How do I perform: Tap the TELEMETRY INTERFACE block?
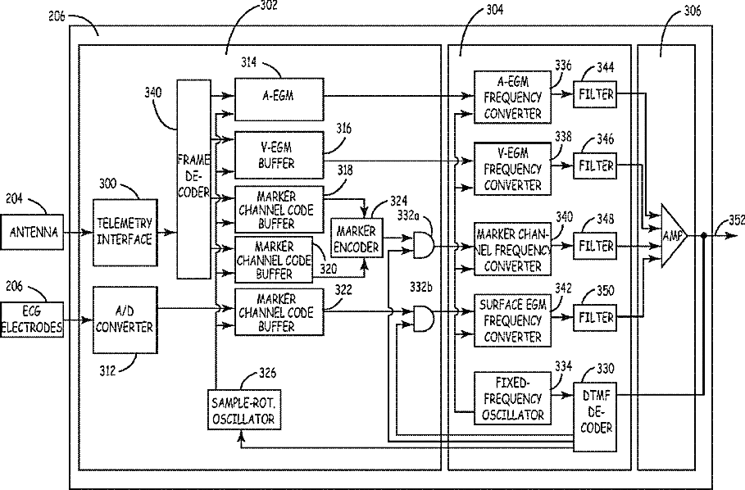(x=123, y=233)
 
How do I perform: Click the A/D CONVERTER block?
(x=125, y=319)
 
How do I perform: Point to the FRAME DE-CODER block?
(x=193, y=175)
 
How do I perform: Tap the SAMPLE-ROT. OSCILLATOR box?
(x=243, y=408)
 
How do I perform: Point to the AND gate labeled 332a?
(x=423, y=243)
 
